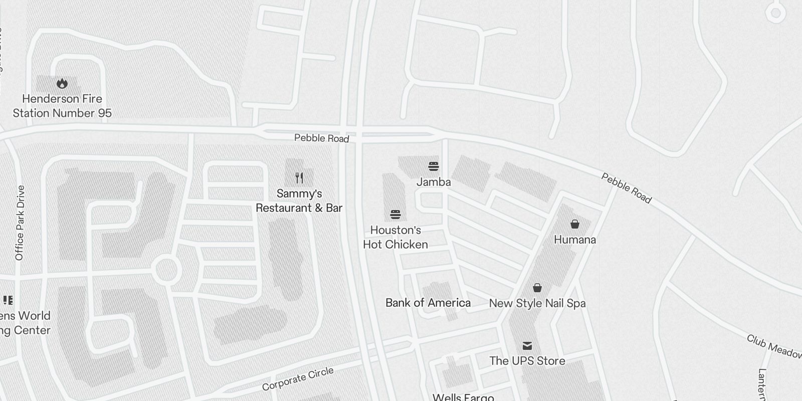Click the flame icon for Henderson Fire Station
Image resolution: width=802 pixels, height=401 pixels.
click(62, 83)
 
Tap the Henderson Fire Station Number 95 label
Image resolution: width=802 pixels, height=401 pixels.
click(62, 106)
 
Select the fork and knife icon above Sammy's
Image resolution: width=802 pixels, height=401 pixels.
click(299, 177)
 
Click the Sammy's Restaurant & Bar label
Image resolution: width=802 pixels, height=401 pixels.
click(299, 200)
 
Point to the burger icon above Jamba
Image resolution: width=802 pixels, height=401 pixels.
click(434, 166)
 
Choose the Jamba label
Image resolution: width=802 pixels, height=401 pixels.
click(434, 182)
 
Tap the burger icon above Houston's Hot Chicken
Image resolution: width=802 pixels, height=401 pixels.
click(395, 215)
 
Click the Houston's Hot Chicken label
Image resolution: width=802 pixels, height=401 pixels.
click(395, 238)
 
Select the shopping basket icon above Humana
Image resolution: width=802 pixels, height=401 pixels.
click(575, 224)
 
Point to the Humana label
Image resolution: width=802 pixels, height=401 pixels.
click(575, 240)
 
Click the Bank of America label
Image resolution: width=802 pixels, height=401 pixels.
click(428, 303)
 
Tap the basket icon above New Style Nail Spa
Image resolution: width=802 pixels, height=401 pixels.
click(537, 288)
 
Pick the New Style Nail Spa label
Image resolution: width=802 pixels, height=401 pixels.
click(537, 303)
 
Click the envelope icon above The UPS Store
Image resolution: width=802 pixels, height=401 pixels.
click(527, 345)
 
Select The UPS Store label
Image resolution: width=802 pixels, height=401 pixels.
click(527, 361)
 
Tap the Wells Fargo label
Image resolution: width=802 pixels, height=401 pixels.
click(463, 397)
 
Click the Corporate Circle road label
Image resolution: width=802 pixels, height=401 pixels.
click(298, 379)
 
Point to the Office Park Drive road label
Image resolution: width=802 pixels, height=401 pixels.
click(20, 223)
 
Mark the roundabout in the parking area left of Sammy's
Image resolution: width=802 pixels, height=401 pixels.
click(166, 270)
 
